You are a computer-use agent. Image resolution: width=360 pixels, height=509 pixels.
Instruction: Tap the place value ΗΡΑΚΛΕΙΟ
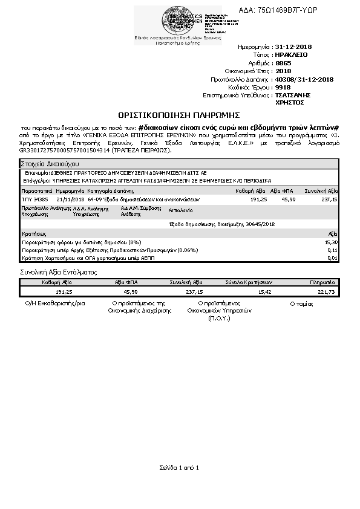291,54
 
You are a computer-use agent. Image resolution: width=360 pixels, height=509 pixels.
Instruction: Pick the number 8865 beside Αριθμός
283,63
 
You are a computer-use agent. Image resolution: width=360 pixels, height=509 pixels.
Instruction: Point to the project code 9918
283,87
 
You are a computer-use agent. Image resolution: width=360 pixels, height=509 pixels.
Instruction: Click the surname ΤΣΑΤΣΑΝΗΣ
293,95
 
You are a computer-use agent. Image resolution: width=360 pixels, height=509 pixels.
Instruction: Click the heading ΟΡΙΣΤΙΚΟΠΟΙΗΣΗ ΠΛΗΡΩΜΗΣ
179,114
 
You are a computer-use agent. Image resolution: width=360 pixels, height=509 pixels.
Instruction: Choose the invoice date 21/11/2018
70,199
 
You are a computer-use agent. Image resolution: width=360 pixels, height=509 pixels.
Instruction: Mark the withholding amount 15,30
331,242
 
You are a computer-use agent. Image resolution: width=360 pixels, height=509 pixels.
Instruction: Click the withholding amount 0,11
332,250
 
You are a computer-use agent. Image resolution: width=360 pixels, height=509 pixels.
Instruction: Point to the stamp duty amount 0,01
332,258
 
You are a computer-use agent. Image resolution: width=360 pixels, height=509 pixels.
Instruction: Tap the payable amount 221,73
326,291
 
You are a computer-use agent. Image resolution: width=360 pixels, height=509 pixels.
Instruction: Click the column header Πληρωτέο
322,282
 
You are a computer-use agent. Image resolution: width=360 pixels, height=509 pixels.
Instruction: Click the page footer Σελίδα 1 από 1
179,468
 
